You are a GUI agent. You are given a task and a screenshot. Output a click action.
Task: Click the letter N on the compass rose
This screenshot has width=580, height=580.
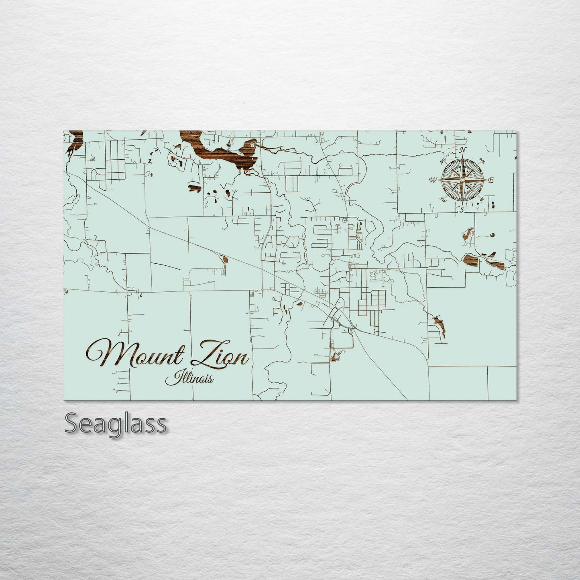464,151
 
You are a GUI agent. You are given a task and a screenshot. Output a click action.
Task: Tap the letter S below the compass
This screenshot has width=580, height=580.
462,210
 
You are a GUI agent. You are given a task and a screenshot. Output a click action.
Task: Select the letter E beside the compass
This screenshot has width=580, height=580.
491,181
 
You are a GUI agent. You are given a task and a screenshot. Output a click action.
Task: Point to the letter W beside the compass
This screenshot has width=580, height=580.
433,180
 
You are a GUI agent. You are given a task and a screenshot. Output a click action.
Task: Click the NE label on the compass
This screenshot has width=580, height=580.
482,161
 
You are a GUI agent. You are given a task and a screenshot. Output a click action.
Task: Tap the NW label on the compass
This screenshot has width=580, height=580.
444,162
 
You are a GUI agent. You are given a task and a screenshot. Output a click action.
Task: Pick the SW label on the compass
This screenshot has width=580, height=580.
443,199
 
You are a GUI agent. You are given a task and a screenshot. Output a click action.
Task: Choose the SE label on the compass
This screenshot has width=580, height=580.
482,199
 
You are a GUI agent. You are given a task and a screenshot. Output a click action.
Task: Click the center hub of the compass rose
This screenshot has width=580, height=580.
462,180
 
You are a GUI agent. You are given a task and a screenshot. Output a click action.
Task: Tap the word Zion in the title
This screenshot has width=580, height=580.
221,355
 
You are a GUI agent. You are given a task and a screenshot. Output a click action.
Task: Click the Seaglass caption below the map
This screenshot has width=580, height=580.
115,423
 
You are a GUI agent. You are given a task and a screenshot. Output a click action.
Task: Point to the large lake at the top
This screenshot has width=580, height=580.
217,153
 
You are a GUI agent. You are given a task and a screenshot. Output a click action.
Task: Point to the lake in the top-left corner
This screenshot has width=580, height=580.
75,142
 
